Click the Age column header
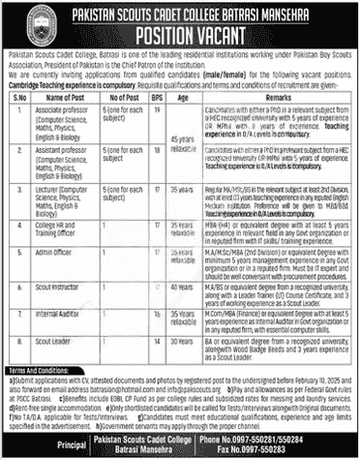(x=177, y=98)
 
